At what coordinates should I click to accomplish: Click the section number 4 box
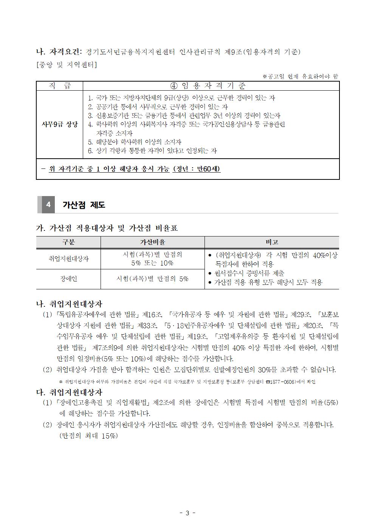pos(48,205)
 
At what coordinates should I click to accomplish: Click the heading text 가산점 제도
pos(84,205)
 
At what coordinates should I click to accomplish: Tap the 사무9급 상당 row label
pos(59,124)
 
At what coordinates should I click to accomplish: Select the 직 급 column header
pos(59,86)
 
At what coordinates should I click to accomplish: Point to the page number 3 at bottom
pos(187,513)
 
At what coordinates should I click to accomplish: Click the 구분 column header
pos(68,242)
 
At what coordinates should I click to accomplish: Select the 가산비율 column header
pos(152,242)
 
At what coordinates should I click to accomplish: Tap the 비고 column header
pos(271,242)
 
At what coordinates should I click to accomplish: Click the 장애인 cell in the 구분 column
pos(68,279)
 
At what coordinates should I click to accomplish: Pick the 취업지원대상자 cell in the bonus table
pos(68,259)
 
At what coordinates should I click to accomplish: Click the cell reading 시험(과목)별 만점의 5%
pos(152,279)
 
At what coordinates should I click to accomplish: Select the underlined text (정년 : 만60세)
pos(196,169)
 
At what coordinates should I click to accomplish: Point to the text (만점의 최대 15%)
pos(88,436)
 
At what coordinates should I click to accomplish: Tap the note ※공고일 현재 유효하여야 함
pos(301,76)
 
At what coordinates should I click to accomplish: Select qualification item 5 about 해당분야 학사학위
pos(135,142)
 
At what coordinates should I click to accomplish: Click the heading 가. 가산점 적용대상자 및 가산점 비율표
pos(107,228)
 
